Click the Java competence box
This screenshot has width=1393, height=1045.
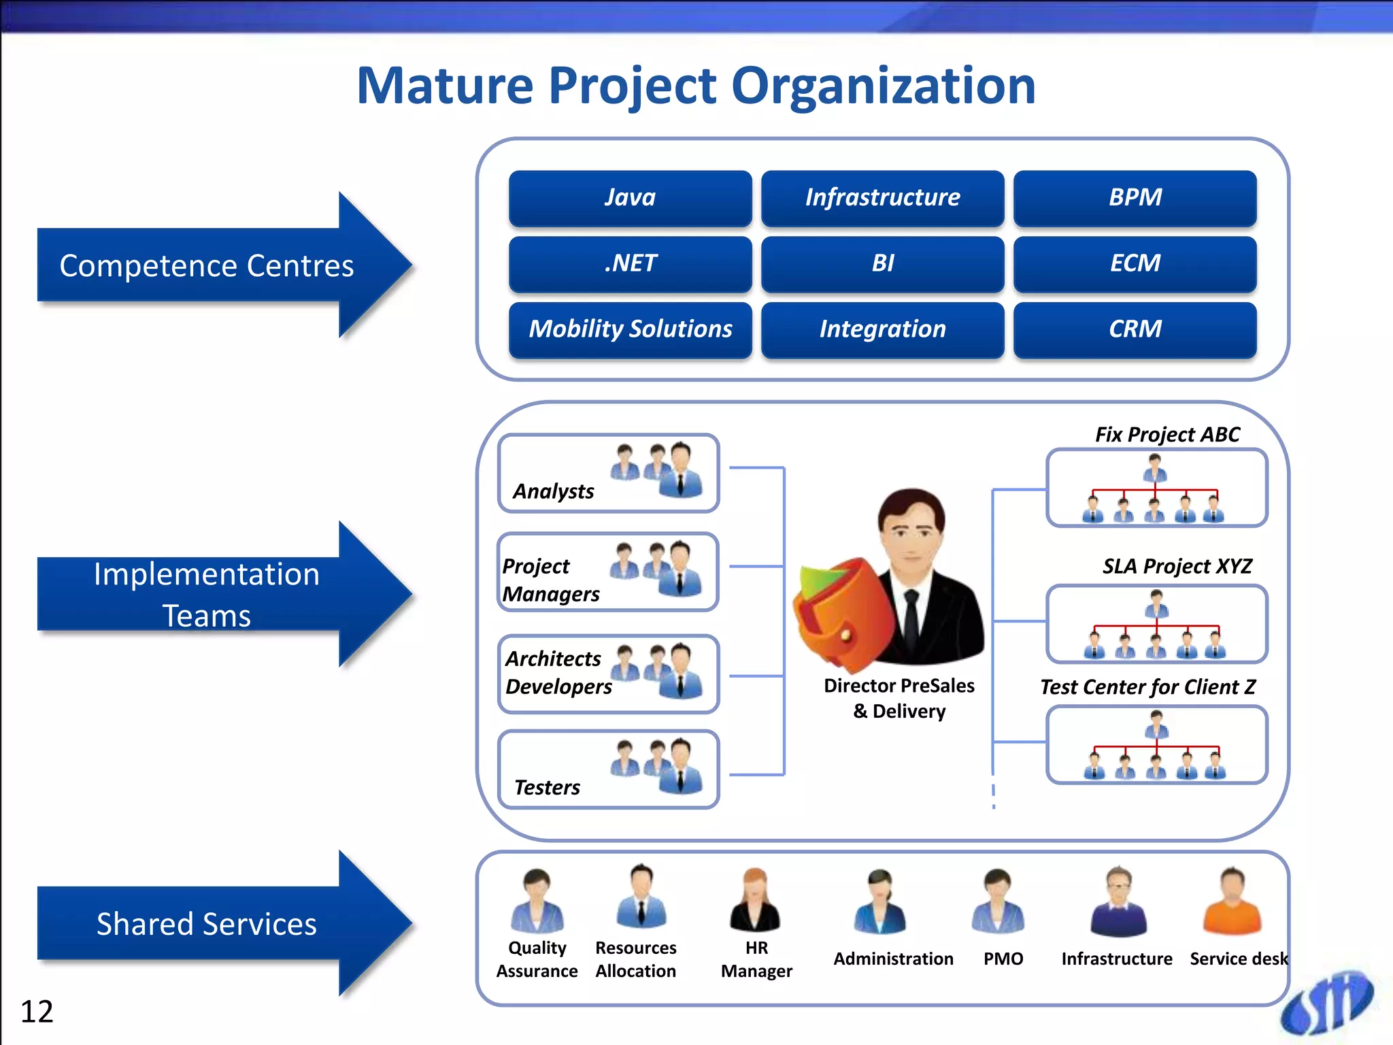pos(630,197)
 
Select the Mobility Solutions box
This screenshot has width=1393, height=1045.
pos(630,329)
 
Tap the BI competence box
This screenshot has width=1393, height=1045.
pos(882,263)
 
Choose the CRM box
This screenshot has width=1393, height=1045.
pos(1135,329)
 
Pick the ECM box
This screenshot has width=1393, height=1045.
pos(1135,263)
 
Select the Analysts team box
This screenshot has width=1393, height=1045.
pos(608,473)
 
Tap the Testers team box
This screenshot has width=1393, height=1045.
pos(608,769)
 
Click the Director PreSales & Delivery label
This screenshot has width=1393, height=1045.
pos(899,698)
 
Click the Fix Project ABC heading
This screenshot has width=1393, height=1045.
pos(1167,434)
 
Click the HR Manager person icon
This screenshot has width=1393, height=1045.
pos(755,901)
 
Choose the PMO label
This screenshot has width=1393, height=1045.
pos(1003,959)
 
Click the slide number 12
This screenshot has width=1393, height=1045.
pos(37,1012)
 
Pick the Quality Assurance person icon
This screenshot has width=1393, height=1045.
pos(537,901)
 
